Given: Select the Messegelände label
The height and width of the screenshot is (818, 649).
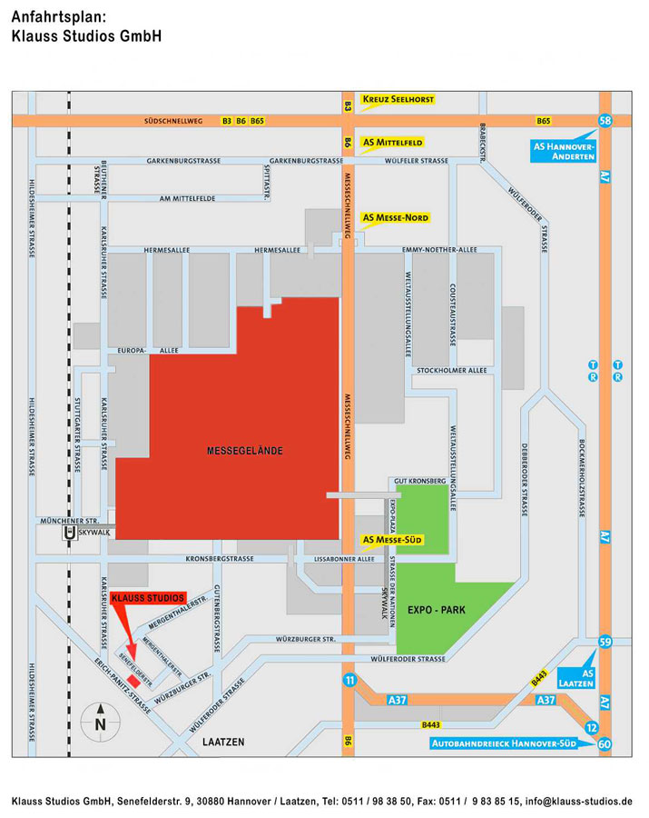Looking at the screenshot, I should [245, 451].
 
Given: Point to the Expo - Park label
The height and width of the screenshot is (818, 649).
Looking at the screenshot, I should [436, 610].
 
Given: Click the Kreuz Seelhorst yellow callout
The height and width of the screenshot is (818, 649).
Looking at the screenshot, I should [398, 98].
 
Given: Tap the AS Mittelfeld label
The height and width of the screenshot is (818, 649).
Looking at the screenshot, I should [392, 143].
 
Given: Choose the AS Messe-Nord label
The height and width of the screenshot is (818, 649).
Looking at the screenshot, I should [395, 218].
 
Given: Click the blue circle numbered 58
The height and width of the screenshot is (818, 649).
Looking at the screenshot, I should [605, 121].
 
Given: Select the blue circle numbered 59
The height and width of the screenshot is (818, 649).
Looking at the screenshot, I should [605, 643].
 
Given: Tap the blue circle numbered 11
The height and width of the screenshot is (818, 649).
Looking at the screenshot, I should [349, 679].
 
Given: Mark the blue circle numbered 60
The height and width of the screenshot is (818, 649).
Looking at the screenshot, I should [605, 744].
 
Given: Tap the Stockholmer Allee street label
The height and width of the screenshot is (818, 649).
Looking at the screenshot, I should [451, 371].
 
